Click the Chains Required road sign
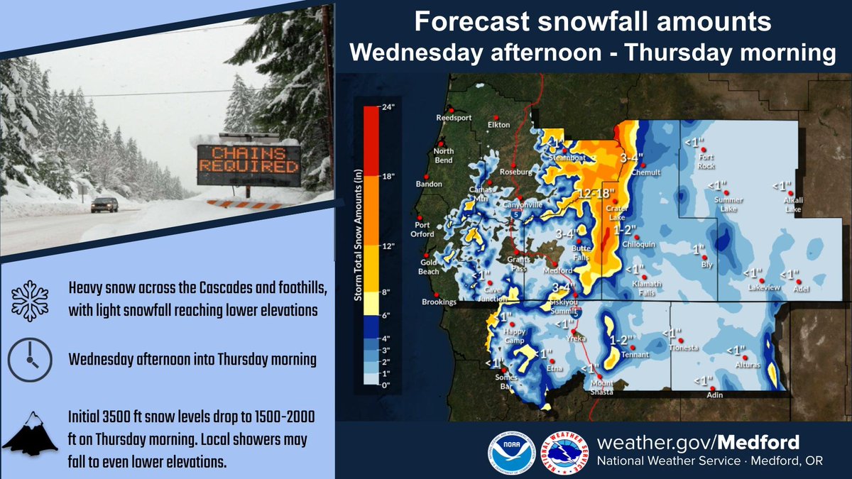[248, 161]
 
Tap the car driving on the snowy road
[104, 204]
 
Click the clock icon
[30, 360]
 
